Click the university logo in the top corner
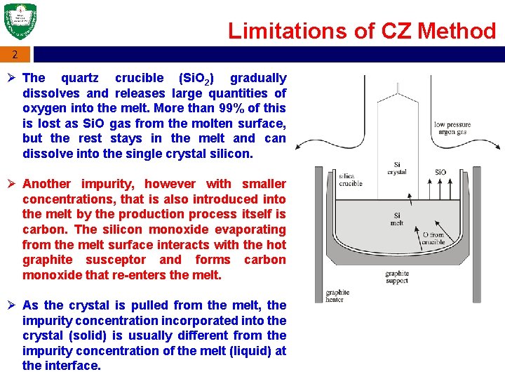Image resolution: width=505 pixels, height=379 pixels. click(x=20, y=22)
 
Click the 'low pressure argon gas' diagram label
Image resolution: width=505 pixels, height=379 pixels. click(x=452, y=128)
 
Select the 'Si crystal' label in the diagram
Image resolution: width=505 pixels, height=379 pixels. click(x=397, y=168)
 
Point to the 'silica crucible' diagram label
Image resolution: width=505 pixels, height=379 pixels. click(x=350, y=180)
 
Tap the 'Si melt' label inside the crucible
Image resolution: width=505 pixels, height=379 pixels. click(x=397, y=220)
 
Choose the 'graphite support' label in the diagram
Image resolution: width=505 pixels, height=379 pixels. click(x=397, y=278)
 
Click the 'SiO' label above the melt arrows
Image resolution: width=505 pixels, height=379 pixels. click(x=440, y=172)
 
